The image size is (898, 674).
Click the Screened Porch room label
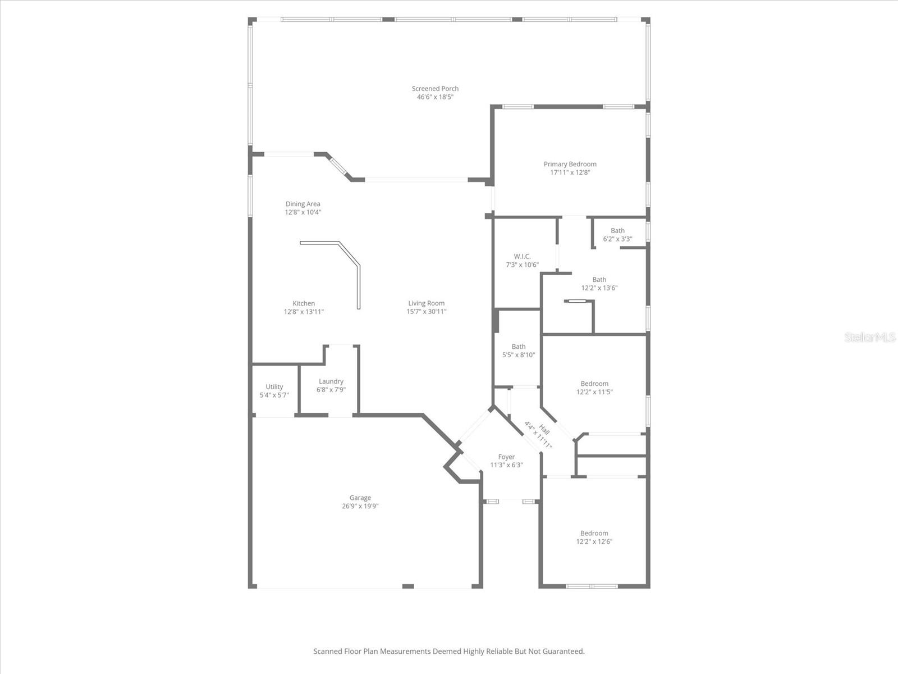[435, 89]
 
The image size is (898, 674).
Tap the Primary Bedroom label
[570, 164]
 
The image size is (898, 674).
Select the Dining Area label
[303, 204]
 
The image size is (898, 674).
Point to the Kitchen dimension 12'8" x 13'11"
[304, 312]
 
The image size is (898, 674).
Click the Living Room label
[427, 303]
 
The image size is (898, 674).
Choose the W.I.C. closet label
[522, 257]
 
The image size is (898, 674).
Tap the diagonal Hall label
[544, 430]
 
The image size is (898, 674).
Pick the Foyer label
[506, 457]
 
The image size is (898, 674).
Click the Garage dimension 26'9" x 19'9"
[360, 506]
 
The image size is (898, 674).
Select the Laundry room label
[331, 381]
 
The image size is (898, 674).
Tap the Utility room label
[274, 386]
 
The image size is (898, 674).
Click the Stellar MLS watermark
[870, 337]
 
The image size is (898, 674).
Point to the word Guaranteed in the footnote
[563, 652]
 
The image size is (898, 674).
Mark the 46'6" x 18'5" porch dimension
[435, 97]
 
